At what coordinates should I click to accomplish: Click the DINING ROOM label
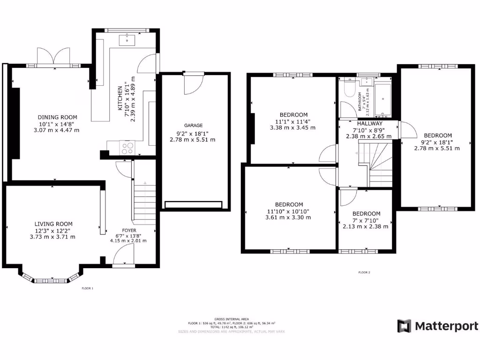(57, 117)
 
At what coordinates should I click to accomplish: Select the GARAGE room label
(193, 125)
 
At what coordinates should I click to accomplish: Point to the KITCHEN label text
(120, 98)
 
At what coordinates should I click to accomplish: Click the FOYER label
(129, 231)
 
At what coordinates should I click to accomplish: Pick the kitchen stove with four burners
(127, 148)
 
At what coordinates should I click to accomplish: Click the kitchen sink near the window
(127, 40)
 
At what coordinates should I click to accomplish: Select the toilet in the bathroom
(349, 88)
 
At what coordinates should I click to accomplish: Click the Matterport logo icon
(404, 326)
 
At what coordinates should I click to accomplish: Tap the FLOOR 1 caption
(88, 288)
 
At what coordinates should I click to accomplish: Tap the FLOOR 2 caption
(364, 272)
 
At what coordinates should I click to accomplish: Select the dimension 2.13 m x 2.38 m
(366, 226)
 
